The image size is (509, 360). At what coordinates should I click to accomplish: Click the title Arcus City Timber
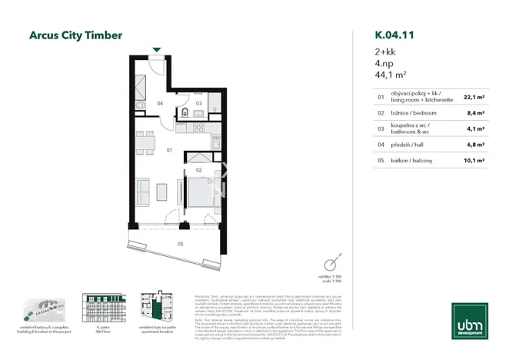pyautogui.click(x=75, y=35)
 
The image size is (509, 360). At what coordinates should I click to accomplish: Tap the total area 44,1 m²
pyautogui.click(x=391, y=75)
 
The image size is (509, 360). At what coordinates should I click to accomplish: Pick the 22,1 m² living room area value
pyautogui.click(x=474, y=98)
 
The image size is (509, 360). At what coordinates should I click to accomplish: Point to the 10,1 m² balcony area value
pyautogui.click(x=474, y=161)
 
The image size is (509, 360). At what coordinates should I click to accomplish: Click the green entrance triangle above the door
pyautogui.click(x=157, y=49)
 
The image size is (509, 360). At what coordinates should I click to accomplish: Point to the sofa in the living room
pyautogui.click(x=142, y=189)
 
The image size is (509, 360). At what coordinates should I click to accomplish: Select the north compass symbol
pyautogui.click(x=333, y=262)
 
